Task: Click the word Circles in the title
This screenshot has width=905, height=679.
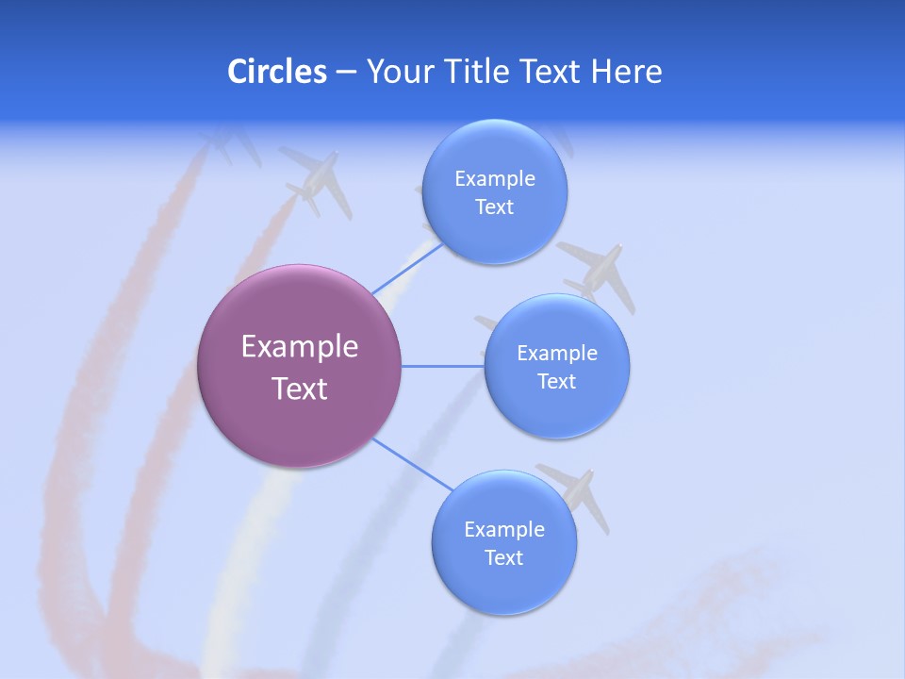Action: pos(277,72)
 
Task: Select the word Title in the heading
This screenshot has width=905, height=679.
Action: pos(477,72)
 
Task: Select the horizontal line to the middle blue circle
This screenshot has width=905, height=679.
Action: pos(442,366)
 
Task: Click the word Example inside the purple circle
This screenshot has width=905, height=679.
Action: pos(300,347)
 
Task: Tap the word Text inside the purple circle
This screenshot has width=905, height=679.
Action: pos(300,389)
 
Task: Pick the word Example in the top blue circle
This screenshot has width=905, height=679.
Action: pos(495,179)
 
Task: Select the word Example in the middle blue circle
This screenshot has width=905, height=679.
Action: pos(557,354)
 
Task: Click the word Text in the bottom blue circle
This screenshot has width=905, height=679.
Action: pos(503,558)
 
